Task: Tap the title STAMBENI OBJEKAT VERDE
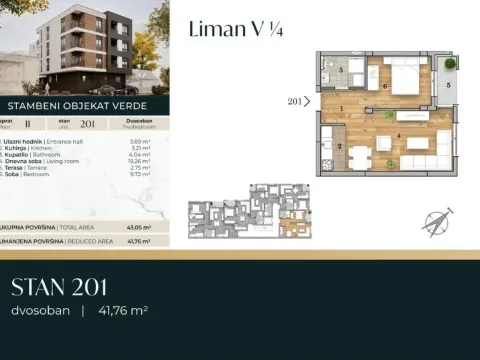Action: point(78,103)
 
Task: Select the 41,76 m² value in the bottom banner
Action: point(122,311)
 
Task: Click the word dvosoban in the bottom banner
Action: point(40,311)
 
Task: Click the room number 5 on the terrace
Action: point(448,86)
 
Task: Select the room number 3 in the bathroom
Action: point(341,71)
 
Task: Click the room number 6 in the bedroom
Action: point(384,86)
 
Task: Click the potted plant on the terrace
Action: point(448,64)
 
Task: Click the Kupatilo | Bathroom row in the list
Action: point(41,156)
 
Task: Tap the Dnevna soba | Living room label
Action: point(44,163)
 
